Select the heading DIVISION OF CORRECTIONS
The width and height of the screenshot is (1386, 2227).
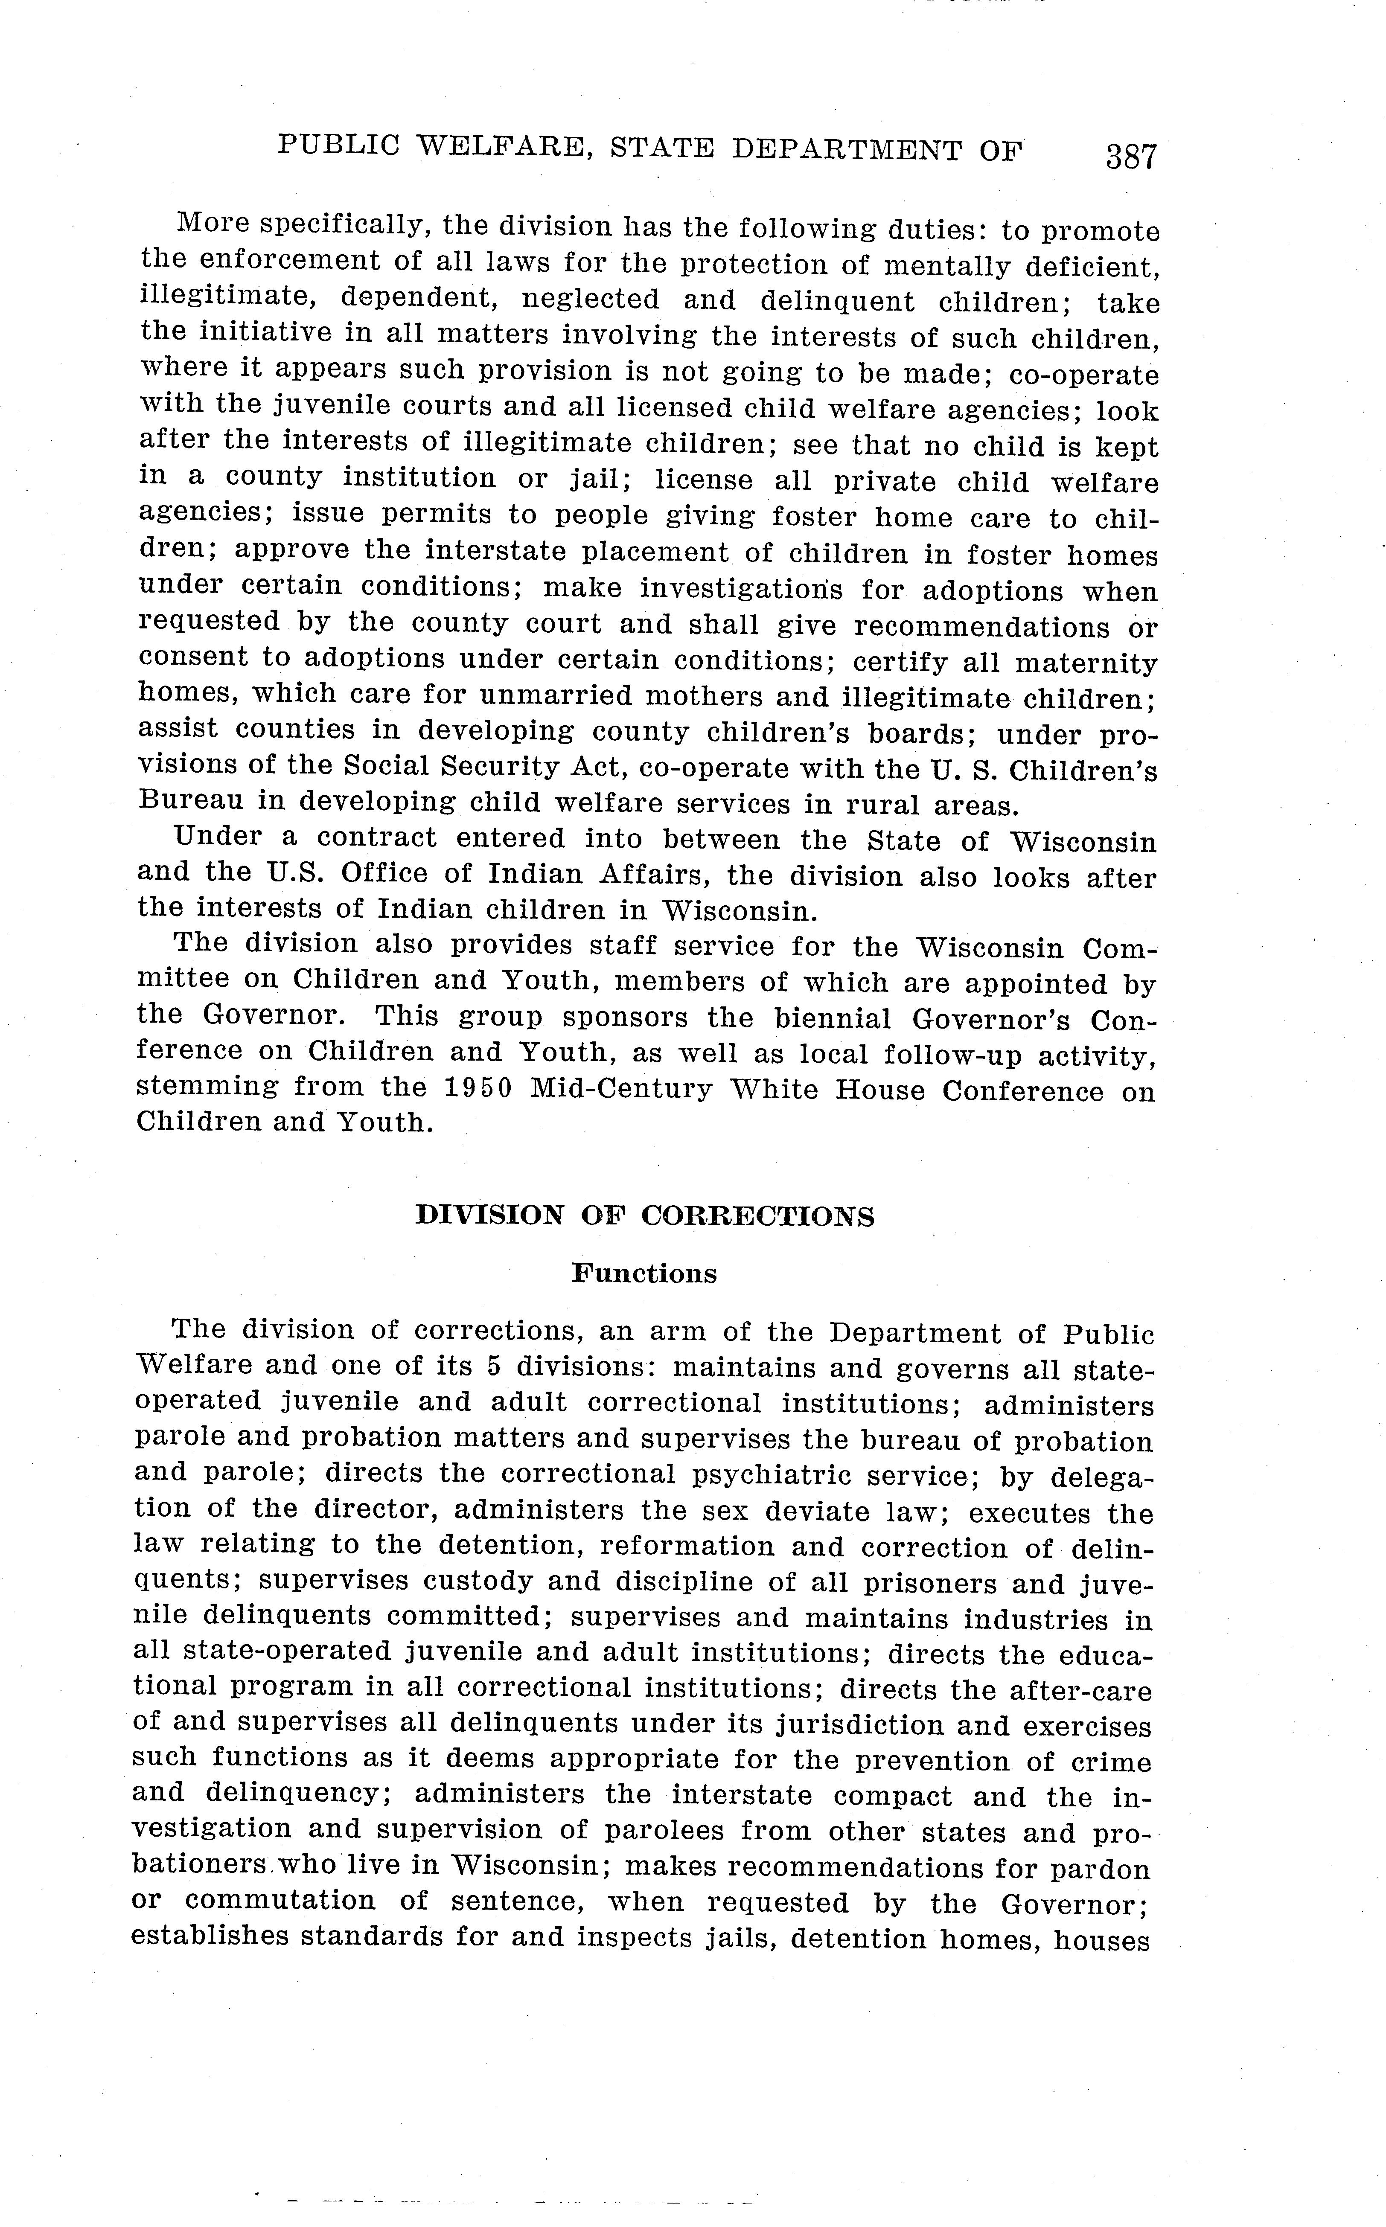tap(644, 1216)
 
